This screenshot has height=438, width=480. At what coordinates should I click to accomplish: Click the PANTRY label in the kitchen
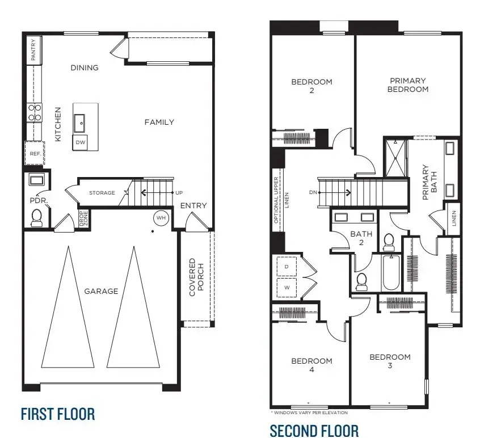33,49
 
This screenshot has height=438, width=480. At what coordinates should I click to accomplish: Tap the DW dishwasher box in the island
80,142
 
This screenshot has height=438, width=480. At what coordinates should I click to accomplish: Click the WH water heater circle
160,218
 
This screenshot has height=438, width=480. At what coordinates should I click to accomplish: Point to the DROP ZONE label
83,219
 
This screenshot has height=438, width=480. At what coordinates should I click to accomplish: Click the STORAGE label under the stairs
102,193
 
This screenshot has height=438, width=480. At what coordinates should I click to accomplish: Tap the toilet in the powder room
37,217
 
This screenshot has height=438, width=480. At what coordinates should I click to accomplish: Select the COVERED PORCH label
196,277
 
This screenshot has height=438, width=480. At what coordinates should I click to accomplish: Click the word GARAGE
101,291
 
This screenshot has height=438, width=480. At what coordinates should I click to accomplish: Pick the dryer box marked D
286,266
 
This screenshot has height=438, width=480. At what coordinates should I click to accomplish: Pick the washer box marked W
286,287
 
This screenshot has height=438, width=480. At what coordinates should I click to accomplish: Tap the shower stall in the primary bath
395,158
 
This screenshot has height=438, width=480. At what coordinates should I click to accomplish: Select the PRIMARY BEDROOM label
407,85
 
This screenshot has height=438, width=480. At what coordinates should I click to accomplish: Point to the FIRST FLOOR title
57,414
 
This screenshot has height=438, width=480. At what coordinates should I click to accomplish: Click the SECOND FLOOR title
314,431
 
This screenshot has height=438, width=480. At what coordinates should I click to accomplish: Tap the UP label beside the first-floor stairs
180,193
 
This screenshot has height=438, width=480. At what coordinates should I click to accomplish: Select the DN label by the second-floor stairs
312,192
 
